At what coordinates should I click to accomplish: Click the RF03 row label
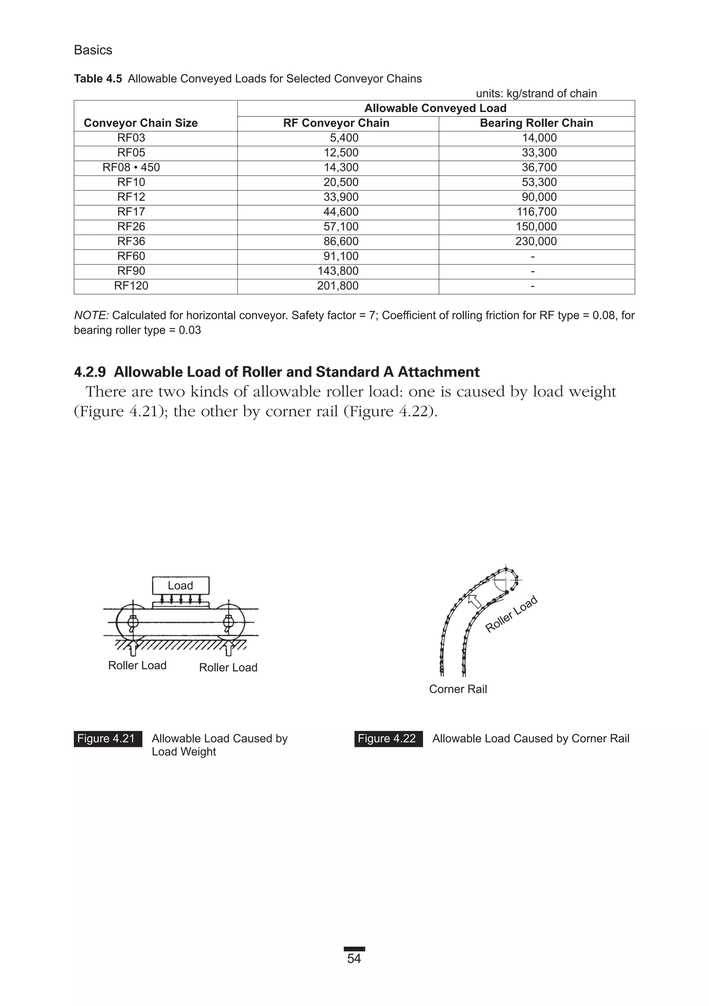click(131, 138)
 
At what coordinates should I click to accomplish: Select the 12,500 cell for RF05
click(341, 153)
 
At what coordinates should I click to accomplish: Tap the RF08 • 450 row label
click(131, 167)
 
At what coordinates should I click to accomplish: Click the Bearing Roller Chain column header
click(536, 123)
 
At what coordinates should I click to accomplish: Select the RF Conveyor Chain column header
click(336, 123)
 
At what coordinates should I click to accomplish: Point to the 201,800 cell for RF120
click(338, 286)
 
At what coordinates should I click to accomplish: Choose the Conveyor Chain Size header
click(141, 123)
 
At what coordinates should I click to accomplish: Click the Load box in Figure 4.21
click(180, 586)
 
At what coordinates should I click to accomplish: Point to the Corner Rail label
click(458, 689)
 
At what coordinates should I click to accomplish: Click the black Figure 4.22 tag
click(388, 739)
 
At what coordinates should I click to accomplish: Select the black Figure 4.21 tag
click(108, 739)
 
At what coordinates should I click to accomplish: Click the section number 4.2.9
click(90, 372)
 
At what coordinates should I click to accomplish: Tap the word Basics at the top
click(93, 50)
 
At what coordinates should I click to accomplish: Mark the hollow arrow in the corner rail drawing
click(475, 601)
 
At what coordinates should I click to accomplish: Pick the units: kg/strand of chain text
click(536, 94)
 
